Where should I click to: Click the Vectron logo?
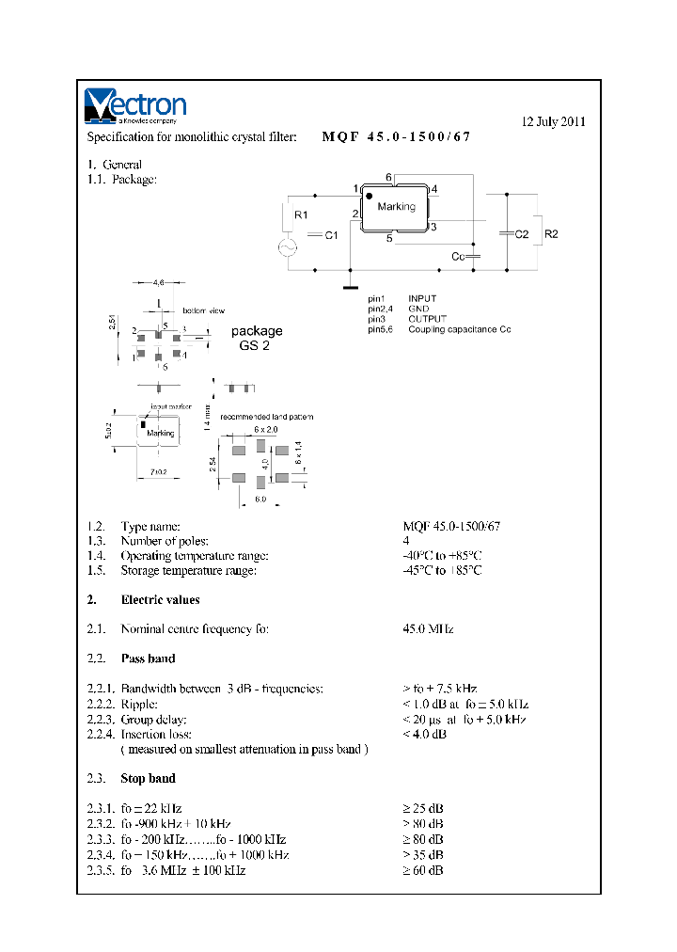coord(135,106)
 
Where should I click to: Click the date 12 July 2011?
coord(554,121)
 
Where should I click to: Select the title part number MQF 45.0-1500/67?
coord(395,136)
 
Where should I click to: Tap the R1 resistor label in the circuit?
coord(301,215)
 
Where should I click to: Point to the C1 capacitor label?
coord(330,237)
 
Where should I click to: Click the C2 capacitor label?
coord(522,233)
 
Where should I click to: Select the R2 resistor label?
coord(552,233)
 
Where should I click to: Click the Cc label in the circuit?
coord(457,257)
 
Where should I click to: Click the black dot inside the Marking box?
coord(370,197)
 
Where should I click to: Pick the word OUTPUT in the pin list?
coord(428,320)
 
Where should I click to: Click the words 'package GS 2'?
coord(256,338)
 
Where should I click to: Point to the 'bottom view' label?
coord(203,310)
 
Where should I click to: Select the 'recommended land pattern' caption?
coord(266,416)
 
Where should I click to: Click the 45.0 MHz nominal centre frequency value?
coord(428,628)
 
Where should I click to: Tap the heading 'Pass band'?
coord(148,658)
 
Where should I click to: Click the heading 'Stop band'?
coord(148,779)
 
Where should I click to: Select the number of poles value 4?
coord(406,541)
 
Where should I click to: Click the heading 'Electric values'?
coord(160,599)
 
